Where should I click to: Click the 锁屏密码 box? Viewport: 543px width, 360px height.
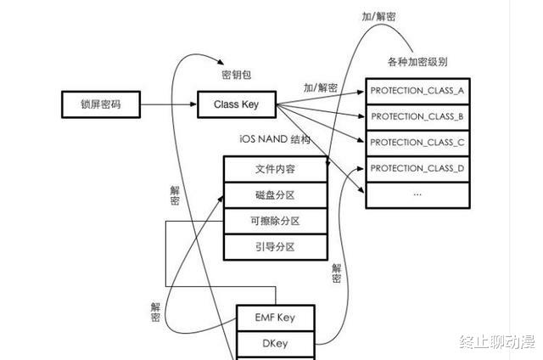100,105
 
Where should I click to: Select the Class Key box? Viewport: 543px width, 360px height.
237,105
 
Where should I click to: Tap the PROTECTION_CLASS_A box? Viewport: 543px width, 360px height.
417,90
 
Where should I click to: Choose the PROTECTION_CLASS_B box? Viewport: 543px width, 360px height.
417,116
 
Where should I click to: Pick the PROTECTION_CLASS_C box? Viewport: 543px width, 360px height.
417,142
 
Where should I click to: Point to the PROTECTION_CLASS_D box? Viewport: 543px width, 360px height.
417,168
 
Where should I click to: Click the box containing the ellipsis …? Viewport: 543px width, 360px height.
417,194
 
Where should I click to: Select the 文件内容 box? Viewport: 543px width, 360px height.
275,169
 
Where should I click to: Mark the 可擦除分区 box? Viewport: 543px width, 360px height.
275,221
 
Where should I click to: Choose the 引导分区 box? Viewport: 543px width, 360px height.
275,246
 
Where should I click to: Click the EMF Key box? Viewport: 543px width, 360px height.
275,318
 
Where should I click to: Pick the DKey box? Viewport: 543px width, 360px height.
275,344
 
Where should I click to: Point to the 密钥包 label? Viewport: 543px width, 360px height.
237,75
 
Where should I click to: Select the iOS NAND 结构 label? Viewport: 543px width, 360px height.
275,138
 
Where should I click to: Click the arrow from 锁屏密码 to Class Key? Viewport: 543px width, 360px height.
167,105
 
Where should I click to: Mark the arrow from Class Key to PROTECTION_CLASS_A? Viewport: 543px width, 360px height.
322,98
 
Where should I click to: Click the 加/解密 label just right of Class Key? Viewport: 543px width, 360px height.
320,87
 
